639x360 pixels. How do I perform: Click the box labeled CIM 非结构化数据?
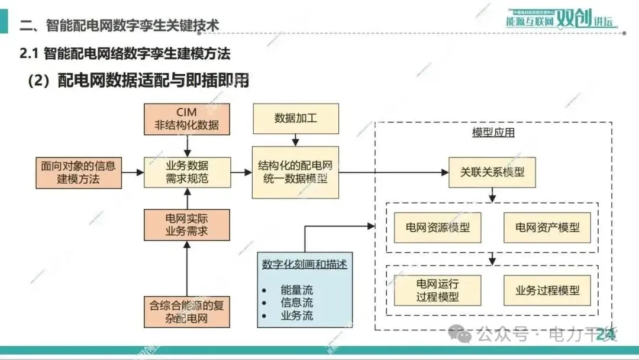[x=186, y=118]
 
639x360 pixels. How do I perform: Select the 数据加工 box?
[x=295, y=118]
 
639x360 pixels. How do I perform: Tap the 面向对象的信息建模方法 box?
[x=78, y=172]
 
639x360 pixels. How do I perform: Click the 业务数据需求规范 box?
[x=186, y=172]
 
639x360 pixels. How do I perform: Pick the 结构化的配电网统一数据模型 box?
[x=295, y=172]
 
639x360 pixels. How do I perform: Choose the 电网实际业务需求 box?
[x=186, y=224]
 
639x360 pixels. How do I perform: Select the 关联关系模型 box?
[x=492, y=173]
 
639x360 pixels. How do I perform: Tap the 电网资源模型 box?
[x=437, y=227]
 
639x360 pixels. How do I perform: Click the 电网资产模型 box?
[x=547, y=227]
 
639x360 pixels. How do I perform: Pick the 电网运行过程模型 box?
[x=437, y=290]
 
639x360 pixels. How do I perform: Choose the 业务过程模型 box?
[x=547, y=290]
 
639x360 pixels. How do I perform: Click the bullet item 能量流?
[x=296, y=290]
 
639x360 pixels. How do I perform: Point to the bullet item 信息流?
[x=296, y=303]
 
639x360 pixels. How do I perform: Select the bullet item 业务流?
[x=296, y=315]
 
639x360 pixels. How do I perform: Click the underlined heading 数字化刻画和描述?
[x=304, y=265]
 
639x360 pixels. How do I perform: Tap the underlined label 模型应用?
[x=493, y=133]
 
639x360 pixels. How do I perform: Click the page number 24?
[x=605, y=335]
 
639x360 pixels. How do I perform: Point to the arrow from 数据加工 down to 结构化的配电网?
[x=295, y=140]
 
